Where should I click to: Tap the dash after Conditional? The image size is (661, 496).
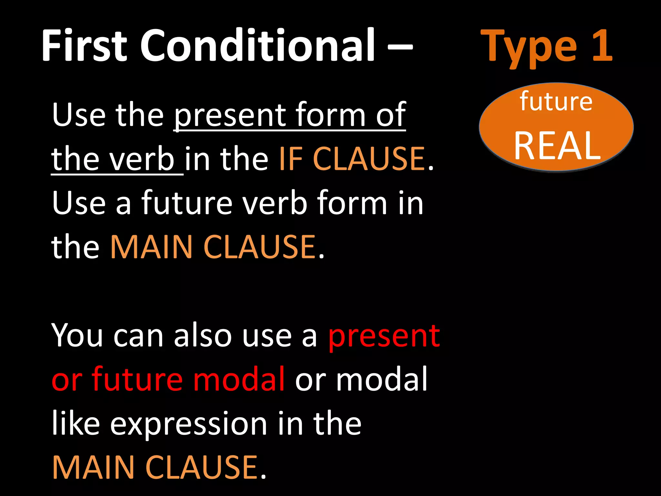click(400, 46)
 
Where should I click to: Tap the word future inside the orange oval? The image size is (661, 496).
click(556, 101)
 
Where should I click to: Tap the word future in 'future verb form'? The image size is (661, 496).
click(187, 203)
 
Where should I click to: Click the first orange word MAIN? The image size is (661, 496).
click(151, 247)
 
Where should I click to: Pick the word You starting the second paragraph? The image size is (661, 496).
click(77, 336)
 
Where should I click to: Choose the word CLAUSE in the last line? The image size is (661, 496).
click(202, 467)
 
